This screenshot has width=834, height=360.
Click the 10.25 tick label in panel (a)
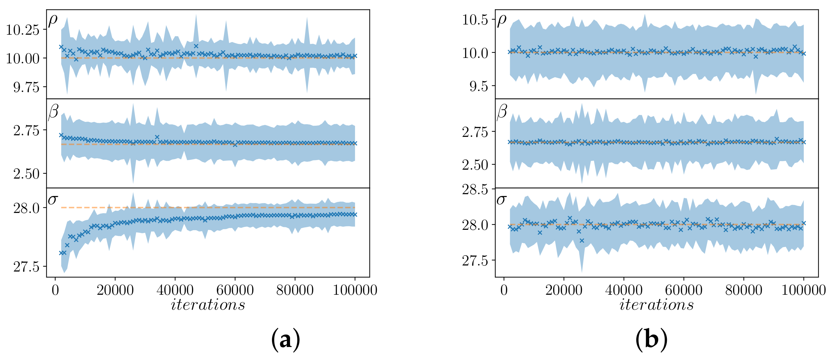coord(23,30)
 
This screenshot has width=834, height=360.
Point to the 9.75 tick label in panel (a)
coord(26,87)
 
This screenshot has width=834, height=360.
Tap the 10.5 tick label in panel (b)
coord(474,20)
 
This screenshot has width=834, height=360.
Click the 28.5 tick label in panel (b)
coord(474,189)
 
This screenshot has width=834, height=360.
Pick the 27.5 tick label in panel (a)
coord(26,267)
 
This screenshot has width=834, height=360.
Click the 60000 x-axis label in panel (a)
coord(235,290)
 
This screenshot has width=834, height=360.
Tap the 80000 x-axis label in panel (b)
coord(743,290)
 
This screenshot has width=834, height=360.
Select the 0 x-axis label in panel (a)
coord(55,290)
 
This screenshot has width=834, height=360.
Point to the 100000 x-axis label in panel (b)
coord(803,290)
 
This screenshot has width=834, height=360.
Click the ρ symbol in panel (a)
coord(53,20)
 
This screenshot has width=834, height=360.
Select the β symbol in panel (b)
coord(502,112)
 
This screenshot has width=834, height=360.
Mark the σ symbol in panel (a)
coord(53,200)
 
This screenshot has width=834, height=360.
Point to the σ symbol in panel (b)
coord(501,200)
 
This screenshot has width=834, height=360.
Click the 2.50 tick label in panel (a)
coord(26,174)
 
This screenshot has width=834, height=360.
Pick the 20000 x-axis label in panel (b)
coord(564,290)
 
